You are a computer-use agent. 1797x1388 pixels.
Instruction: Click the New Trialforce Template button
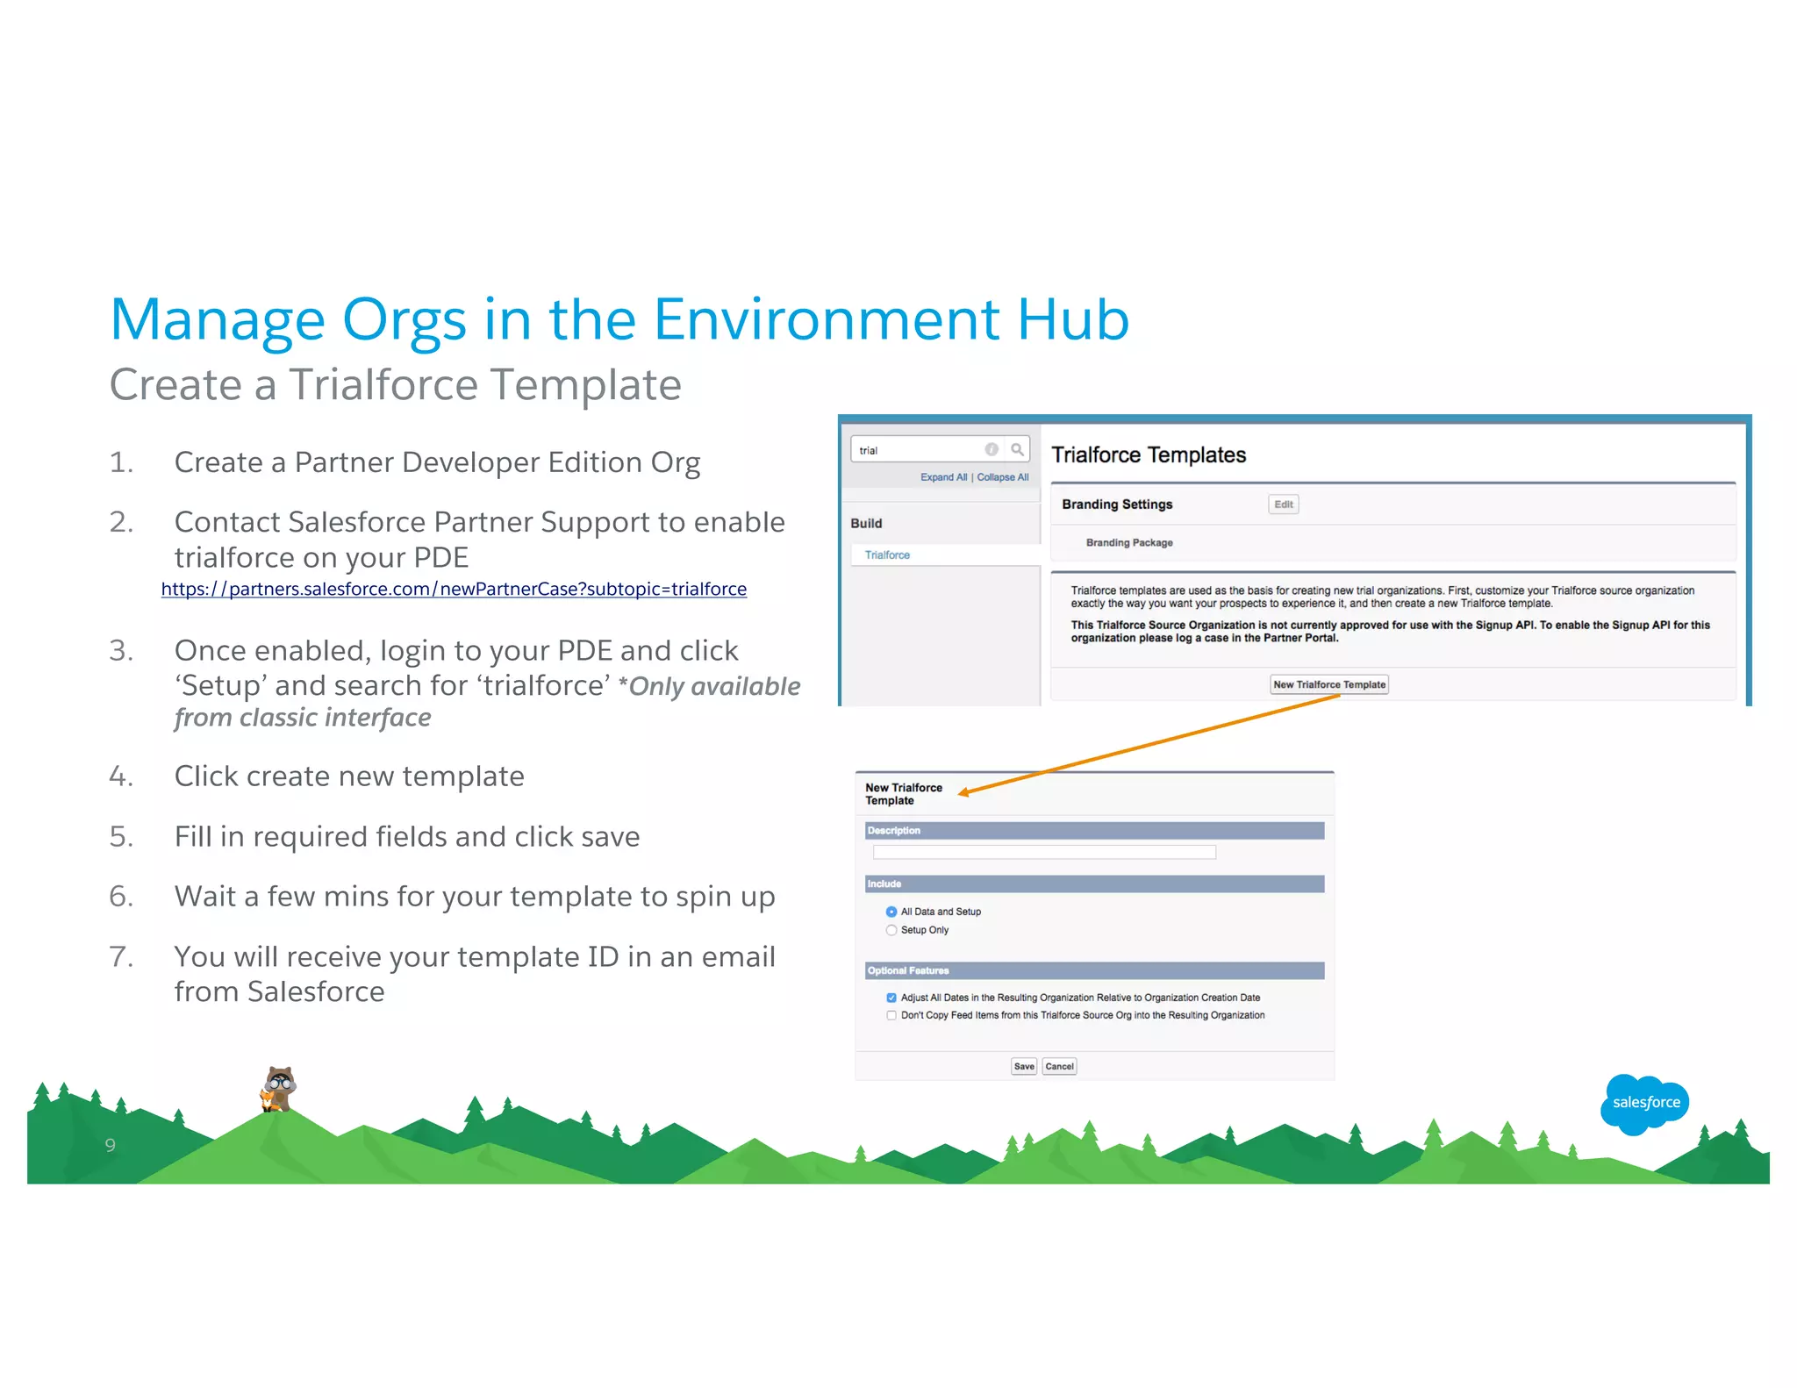pyautogui.click(x=1328, y=684)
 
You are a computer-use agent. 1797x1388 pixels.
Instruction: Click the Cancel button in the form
pyautogui.click(x=1059, y=1066)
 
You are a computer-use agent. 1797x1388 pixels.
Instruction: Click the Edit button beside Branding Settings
pyautogui.click(x=1283, y=504)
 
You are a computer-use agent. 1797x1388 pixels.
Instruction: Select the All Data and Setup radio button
pyautogui.click(x=891, y=912)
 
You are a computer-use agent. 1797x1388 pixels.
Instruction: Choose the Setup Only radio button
pyautogui.click(x=891, y=930)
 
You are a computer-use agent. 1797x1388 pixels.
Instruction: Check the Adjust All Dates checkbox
pyautogui.click(x=891, y=998)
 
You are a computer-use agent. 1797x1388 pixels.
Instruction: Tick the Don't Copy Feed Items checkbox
pyautogui.click(x=891, y=1015)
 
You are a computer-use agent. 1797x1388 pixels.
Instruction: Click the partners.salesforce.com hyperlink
pyautogui.click(x=454, y=589)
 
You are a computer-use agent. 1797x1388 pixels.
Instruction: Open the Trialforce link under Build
pyautogui.click(x=887, y=554)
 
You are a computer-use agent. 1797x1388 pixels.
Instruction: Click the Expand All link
pyautogui.click(x=943, y=477)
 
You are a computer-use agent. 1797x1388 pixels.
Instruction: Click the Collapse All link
pyautogui.click(x=1002, y=477)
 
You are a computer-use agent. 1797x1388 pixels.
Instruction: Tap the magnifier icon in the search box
pyautogui.click(x=1017, y=449)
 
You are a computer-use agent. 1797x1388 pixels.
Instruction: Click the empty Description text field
pyautogui.click(x=1044, y=852)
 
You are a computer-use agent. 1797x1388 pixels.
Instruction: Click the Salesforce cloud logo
pyautogui.click(x=1645, y=1103)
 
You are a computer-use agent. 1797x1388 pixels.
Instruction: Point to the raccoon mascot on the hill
pyautogui.click(x=280, y=1088)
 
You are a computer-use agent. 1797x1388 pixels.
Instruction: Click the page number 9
pyautogui.click(x=110, y=1145)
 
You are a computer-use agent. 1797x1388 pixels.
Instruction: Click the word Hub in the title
pyautogui.click(x=1072, y=319)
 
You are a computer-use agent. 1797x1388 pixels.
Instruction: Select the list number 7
pyautogui.click(x=121, y=956)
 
